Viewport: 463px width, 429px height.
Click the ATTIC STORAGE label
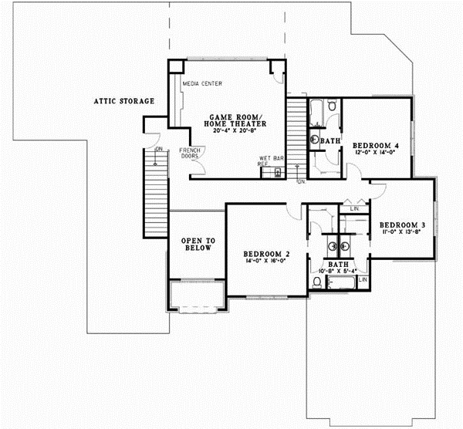pos(124,100)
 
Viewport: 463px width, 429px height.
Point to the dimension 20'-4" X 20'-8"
pos(234,132)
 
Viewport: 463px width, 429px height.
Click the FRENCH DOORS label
pos(189,153)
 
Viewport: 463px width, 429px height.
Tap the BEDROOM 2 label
pos(266,253)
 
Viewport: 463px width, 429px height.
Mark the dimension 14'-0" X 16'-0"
pos(266,262)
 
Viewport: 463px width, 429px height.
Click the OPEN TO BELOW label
pos(197,245)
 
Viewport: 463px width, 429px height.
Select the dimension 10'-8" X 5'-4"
pos(336,271)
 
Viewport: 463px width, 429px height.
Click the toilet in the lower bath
pos(317,284)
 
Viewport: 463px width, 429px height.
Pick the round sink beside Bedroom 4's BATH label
pos(315,140)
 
